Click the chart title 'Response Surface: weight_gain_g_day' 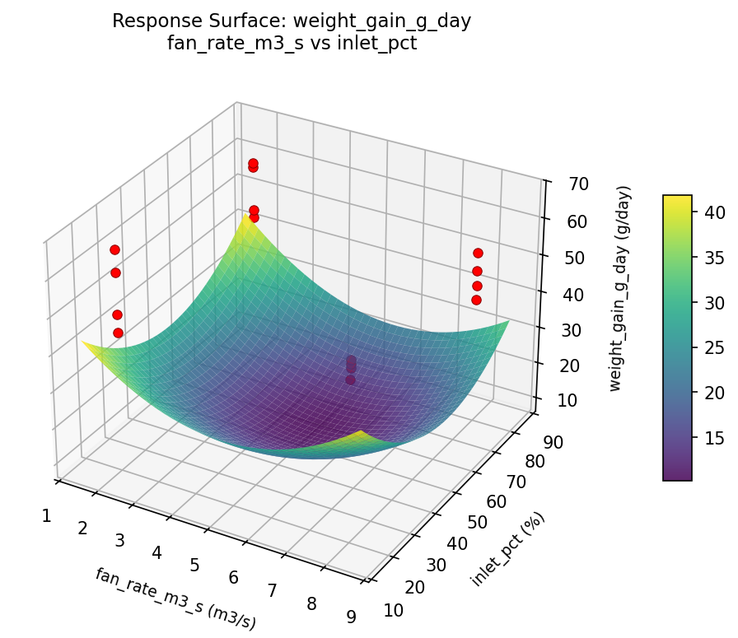pos(292,21)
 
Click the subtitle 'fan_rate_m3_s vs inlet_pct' pos(292,44)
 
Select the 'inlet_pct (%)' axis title pos(507,549)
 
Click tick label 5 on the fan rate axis pos(194,565)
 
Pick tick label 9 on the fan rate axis pos(352,617)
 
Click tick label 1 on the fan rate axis pos(47,516)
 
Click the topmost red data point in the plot pos(253,164)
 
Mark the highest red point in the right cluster pos(478,254)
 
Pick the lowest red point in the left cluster pos(118,333)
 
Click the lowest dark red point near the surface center pos(351,380)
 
